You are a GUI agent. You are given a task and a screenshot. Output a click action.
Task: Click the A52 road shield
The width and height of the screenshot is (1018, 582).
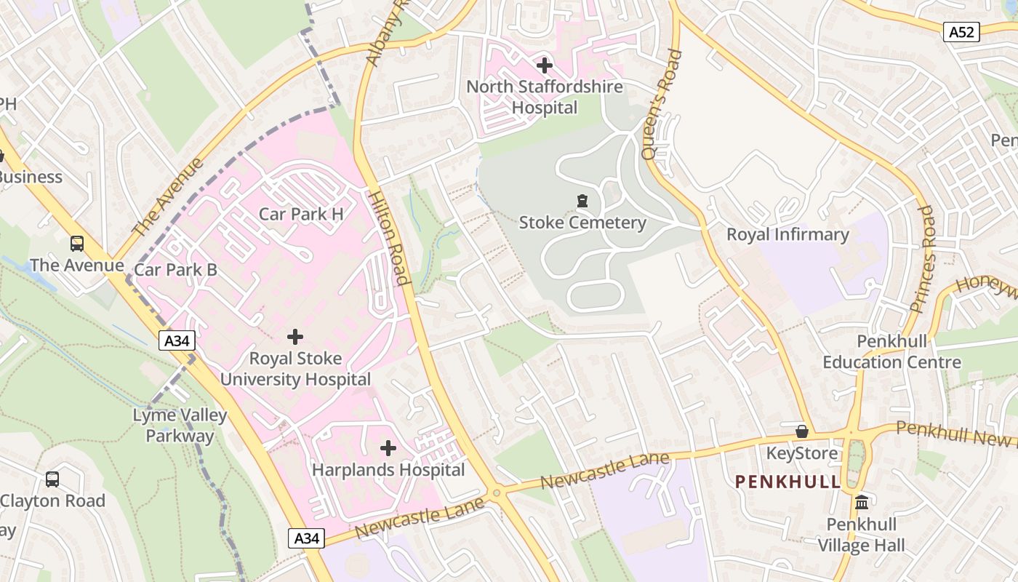961,31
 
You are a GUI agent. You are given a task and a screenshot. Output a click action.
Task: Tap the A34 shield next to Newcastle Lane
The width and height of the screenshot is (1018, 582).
306,538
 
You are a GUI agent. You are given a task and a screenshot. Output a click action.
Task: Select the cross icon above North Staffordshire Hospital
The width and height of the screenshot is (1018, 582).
544,65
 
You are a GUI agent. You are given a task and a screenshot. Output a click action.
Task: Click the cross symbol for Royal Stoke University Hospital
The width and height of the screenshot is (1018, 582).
295,337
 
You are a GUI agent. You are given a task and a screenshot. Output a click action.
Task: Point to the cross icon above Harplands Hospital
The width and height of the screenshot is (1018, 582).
388,448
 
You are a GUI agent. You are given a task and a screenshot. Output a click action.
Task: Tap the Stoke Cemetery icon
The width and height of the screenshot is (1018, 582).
582,201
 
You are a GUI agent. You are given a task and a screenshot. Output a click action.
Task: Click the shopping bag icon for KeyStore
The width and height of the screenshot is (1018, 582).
802,432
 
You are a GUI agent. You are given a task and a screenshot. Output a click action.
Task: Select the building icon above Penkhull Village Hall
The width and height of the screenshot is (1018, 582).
862,503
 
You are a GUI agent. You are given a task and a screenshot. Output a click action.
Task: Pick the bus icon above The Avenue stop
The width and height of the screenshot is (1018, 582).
76,244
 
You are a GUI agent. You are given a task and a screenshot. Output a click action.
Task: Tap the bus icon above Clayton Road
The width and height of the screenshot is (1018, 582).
52,479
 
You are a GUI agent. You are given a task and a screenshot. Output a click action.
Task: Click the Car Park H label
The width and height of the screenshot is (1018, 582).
301,214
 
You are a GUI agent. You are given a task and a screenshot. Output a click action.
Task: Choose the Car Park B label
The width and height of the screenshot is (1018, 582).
175,270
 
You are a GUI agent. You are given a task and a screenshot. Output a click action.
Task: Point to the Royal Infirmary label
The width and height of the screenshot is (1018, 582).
787,234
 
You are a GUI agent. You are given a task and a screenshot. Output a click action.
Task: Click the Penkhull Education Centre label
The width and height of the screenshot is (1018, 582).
891,351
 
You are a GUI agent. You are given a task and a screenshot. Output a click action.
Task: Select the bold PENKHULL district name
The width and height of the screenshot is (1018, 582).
787,482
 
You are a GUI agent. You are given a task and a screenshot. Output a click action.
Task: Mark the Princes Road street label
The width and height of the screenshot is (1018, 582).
922,258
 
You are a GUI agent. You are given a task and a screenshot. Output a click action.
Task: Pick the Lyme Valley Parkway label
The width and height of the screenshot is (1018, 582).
180,426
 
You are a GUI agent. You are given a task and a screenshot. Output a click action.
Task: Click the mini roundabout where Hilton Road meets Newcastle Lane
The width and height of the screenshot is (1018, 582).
497,493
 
